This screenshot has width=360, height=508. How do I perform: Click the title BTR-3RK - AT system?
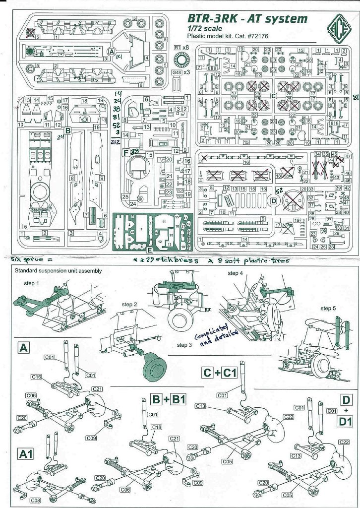click(x=247, y=19)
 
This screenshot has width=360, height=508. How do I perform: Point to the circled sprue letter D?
click(x=273, y=200)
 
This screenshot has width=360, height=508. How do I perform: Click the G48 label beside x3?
click(x=177, y=72)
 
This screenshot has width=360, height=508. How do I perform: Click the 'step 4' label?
click(x=236, y=273)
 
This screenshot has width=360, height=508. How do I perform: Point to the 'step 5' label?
click(x=328, y=309)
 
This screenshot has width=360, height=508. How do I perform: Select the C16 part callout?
click(x=36, y=377)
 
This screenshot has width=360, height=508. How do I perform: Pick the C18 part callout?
click(x=156, y=427)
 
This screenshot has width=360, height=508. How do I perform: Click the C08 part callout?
click(x=35, y=500)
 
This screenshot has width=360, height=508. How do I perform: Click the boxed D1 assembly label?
click(x=345, y=422)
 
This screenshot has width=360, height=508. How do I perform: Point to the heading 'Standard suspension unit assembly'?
click(x=58, y=271)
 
